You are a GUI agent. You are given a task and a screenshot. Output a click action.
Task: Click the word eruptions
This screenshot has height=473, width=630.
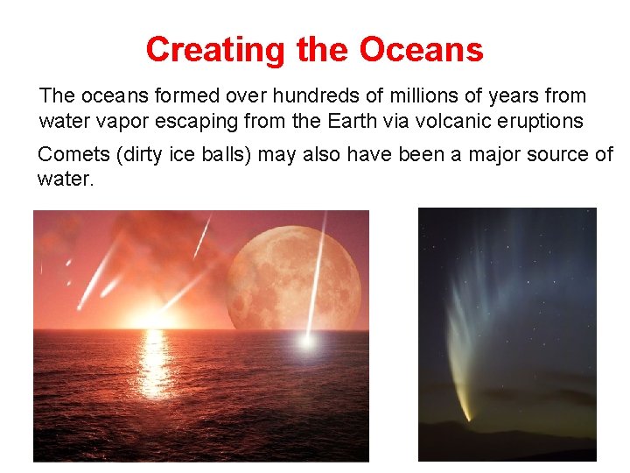(542, 120)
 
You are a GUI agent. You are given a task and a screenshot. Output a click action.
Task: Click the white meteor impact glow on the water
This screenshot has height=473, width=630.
(306, 342)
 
